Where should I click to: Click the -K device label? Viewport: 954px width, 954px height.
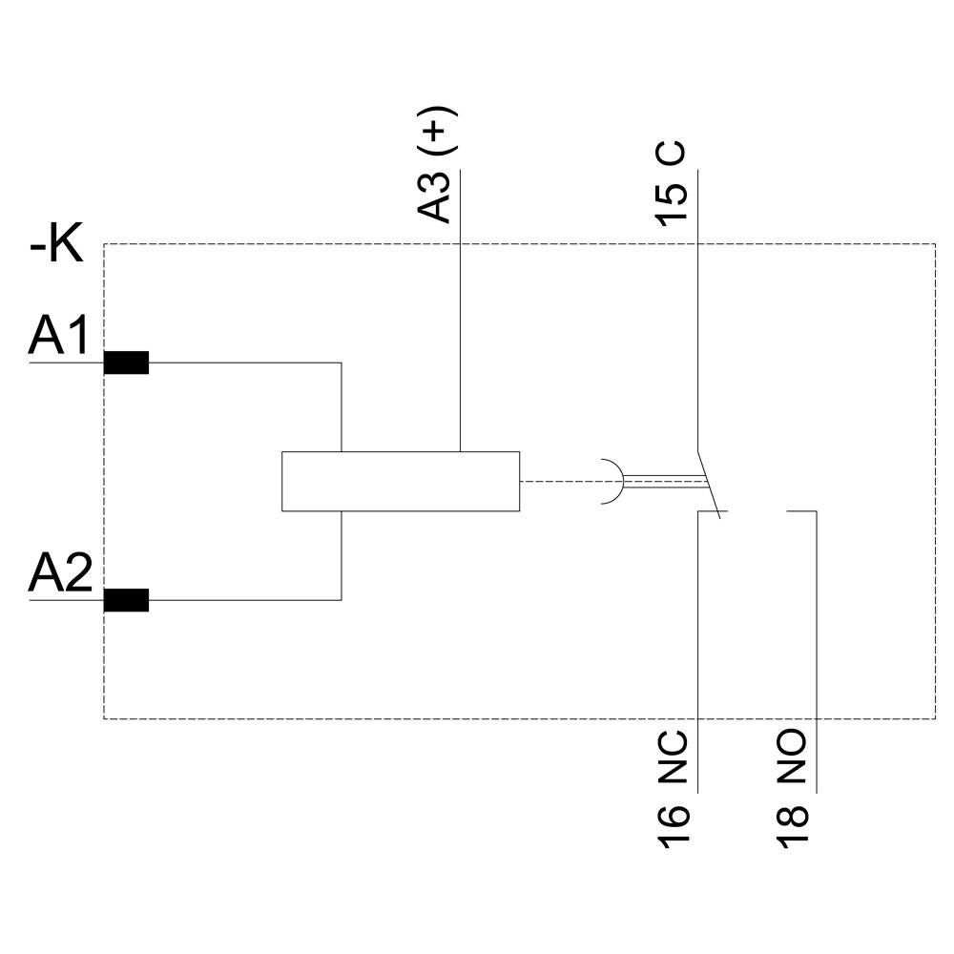coord(56,246)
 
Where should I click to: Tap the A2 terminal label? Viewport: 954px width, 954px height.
coord(60,574)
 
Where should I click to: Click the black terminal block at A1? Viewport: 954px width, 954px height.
coord(126,363)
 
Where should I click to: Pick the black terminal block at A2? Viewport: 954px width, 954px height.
coord(126,600)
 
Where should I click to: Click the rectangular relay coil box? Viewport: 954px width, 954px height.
coord(401,481)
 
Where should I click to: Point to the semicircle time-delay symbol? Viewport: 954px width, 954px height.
coord(612,481)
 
